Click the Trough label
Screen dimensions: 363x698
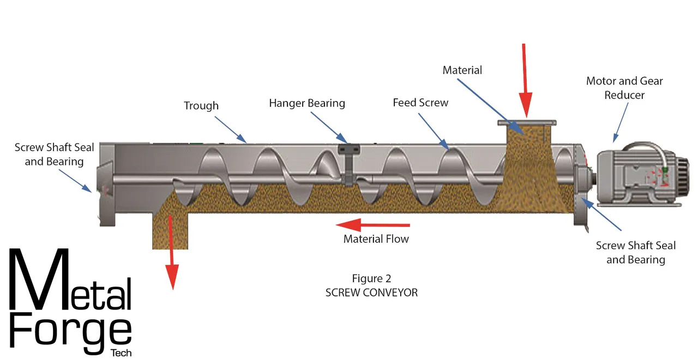point(201,106)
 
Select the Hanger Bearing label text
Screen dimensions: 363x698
point(307,103)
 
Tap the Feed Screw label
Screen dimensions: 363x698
point(420,103)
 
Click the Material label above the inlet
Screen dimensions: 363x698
point(462,70)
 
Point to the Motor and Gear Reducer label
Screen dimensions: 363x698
point(624,88)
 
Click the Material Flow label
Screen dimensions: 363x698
point(376,239)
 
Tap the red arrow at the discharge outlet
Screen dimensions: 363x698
point(172,251)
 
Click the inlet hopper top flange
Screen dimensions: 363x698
point(526,122)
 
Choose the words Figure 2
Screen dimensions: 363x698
point(371,279)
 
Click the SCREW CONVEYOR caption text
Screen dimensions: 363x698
point(371,293)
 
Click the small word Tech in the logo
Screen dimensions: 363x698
point(121,353)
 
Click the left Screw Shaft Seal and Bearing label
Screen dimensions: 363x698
point(54,154)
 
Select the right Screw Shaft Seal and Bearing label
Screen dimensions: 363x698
point(635,253)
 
